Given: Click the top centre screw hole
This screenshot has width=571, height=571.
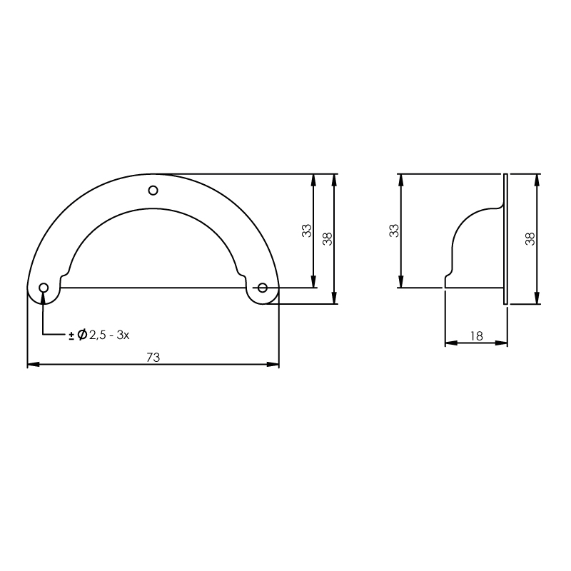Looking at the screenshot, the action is coord(153,190).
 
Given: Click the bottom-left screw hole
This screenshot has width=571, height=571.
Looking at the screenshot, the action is coord(44,288).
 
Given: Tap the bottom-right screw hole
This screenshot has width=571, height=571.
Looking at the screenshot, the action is coord(263,288).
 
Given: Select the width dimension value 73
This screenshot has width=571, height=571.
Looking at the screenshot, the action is coord(153,358).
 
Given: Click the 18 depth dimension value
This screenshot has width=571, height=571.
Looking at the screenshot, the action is coord(476,335).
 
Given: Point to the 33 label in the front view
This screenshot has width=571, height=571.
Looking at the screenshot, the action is coord(307,231).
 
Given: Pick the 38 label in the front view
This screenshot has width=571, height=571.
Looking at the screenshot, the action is coord(328,239).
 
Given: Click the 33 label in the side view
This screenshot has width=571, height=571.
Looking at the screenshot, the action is coord(394,231).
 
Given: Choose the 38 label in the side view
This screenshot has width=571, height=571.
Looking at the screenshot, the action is coord(530,239).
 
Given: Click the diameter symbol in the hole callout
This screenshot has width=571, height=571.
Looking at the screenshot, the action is coord(82,334).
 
